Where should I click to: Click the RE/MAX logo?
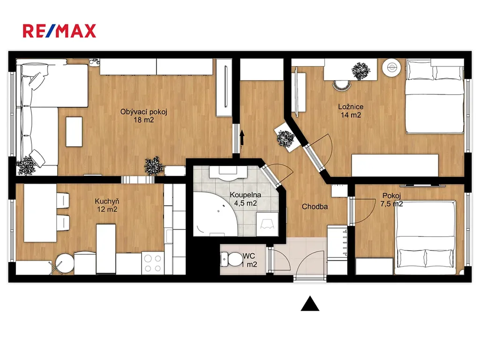[60, 31]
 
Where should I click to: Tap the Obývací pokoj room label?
[143, 112]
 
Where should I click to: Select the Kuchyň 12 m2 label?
[107, 205]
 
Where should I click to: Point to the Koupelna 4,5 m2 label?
[245, 199]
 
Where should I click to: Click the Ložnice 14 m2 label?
[351, 111]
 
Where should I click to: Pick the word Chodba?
[315, 207]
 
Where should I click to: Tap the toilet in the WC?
[231, 259]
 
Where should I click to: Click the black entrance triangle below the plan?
[310, 303]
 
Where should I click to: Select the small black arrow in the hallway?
[242, 139]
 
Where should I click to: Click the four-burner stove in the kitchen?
[153, 263]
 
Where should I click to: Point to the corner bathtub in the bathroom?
[214, 214]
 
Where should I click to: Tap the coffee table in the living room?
[74, 132]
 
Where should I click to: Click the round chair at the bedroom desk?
[342, 85]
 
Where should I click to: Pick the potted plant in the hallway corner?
[285, 139]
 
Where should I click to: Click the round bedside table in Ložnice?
[391, 67]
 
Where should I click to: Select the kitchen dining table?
[40, 213]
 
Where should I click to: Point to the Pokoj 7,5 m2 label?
[391, 200]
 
